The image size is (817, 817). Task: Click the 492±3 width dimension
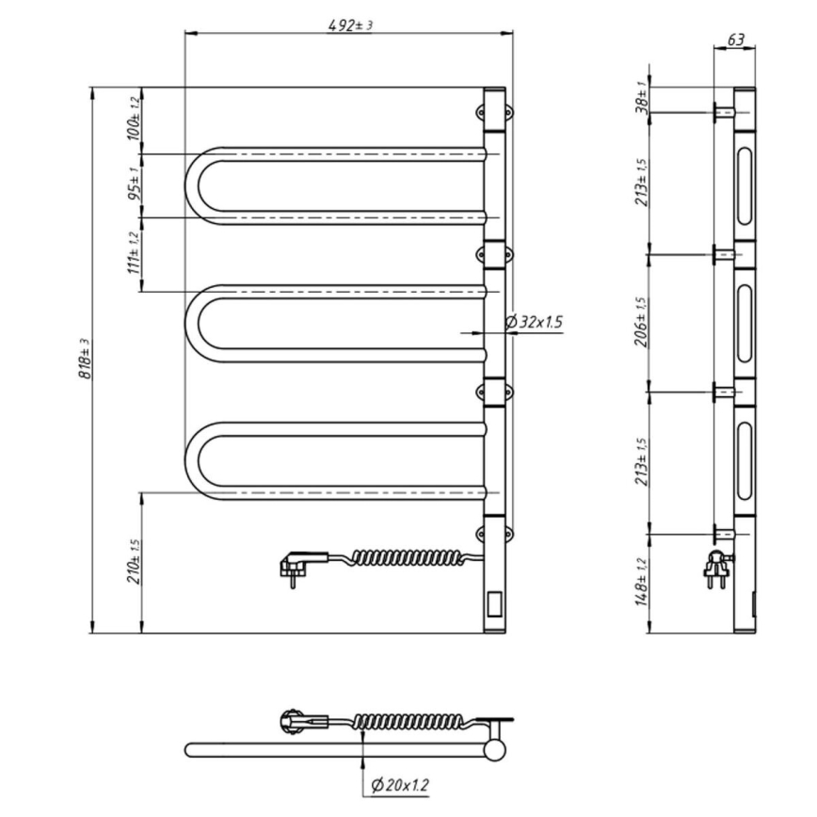(350, 25)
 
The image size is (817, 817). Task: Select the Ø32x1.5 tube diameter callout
(534, 322)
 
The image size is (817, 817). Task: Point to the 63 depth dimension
(737, 40)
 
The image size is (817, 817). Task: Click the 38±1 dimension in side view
(643, 98)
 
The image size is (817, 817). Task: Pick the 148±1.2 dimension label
(643, 580)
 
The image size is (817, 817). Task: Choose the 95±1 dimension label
(135, 185)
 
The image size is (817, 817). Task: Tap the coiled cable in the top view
(408, 722)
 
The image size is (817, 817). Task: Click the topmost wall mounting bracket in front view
(497, 112)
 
